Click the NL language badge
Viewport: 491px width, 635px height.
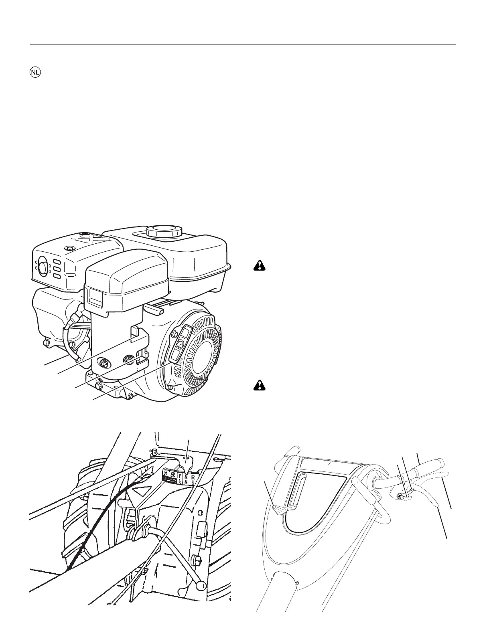35,73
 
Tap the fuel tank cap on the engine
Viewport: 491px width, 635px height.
164,231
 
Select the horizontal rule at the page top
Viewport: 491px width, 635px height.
243,45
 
